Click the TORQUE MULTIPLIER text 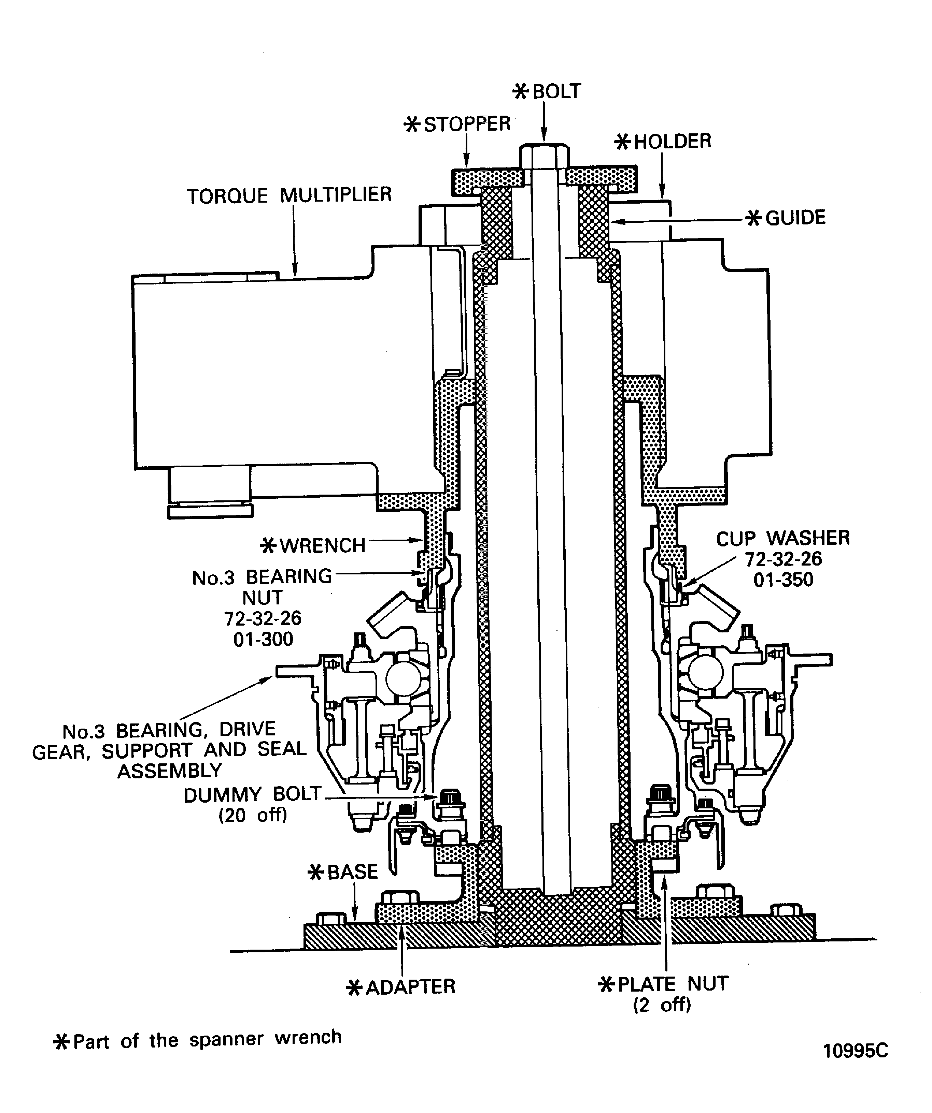289,195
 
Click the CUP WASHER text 782,539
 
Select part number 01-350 783,580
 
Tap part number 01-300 263,639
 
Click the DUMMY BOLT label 253,795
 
